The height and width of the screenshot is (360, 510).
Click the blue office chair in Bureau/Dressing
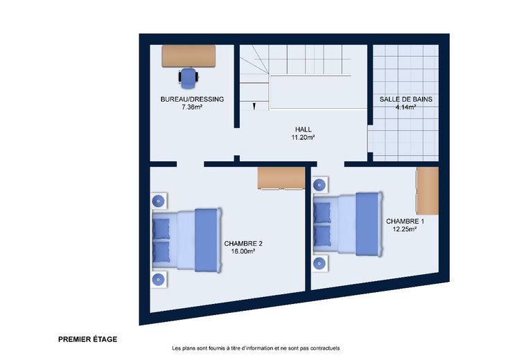(188, 78)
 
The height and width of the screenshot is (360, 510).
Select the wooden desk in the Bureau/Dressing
(188, 56)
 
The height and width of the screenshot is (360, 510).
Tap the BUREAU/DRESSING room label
(192, 99)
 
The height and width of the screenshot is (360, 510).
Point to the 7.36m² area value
(192, 107)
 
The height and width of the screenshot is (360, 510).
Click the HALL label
(303, 129)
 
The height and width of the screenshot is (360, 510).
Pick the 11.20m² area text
(303, 137)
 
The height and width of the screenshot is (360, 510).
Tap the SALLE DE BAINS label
(406, 99)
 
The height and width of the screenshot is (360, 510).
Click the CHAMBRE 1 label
(405, 222)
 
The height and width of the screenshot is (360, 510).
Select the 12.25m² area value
(405, 229)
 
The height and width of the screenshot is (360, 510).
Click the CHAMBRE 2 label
(243, 244)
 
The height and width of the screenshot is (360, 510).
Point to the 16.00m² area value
(243, 251)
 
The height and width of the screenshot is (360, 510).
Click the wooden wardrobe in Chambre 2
(281, 178)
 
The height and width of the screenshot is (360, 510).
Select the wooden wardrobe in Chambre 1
(428, 190)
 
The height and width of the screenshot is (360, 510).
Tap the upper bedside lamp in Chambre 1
(319, 185)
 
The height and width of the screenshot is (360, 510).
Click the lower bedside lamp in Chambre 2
(159, 280)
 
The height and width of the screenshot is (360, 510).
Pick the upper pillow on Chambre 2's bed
(161, 228)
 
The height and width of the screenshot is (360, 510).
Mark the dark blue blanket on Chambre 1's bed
(369, 224)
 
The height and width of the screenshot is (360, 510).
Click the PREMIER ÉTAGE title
(87, 339)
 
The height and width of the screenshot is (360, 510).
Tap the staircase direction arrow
(254, 106)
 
